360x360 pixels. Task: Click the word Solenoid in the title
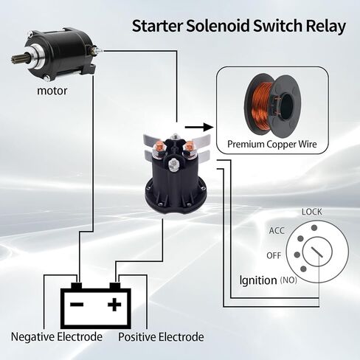[218, 26]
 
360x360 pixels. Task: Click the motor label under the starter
[52, 91]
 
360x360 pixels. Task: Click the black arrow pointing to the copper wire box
[199, 128]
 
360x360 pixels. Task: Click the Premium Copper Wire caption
[272, 144]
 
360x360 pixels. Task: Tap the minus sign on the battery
[77, 305]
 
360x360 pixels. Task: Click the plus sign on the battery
[114, 305]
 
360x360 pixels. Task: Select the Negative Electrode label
[57, 336]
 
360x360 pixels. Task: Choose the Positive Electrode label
[161, 336]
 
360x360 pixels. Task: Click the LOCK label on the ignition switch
[312, 212]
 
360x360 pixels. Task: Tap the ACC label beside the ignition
[277, 231]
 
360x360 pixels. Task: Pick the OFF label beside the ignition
[274, 255]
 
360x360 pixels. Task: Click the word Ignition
[258, 280]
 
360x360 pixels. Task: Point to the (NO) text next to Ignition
[288, 280]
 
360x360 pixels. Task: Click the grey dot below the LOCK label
[314, 228]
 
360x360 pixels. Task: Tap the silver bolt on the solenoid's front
[174, 164]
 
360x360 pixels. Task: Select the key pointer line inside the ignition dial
[317, 252]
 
